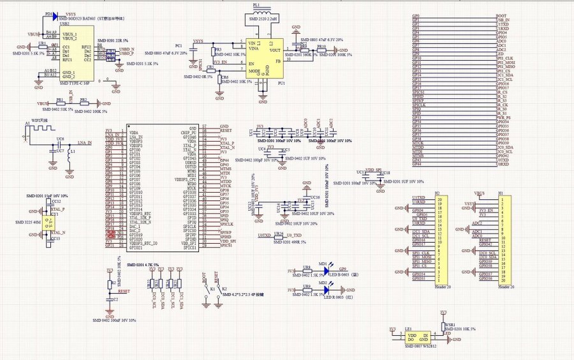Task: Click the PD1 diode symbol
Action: [x=55, y=16]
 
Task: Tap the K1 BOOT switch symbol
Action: [x=206, y=293]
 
